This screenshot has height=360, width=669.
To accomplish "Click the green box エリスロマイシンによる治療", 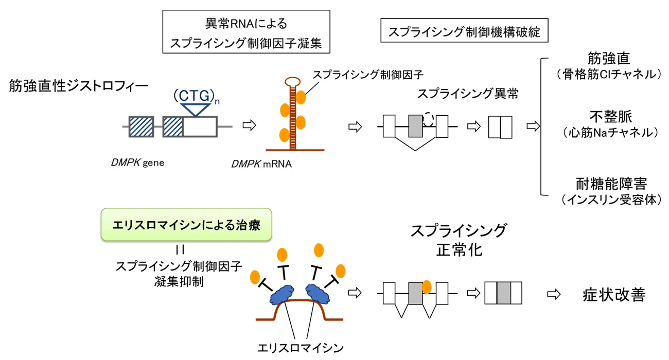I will click(x=186, y=225).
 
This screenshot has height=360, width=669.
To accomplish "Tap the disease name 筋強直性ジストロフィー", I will click(x=78, y=86).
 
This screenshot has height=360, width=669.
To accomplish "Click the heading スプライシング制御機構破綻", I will click(x=464, y=32).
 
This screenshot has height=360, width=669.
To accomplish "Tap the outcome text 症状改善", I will click(x=613, y=294).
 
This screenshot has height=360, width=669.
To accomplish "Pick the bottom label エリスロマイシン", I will click(x=301, y=347).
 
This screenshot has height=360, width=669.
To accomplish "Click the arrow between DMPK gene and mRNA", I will click(x=249, y=125).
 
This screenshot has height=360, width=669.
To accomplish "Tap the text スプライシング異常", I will click(x=467, y=94).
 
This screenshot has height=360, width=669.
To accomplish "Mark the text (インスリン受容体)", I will click(x=610, y=200).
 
